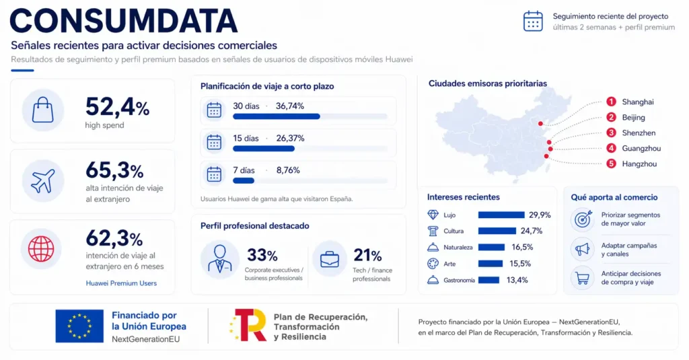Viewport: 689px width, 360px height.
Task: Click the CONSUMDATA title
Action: coord(123,20)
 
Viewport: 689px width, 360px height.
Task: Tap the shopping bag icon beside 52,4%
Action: coord(43,110)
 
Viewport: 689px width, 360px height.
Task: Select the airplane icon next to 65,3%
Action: coord(43,180)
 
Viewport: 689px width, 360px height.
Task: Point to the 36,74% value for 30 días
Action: coord(290,106)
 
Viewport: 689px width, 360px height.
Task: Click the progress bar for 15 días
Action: coord(264,149)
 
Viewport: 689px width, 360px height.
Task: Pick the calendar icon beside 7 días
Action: coord(214,174)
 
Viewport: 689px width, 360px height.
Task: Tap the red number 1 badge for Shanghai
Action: coord(611,102)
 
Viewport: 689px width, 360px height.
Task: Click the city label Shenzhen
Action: coord(639,133)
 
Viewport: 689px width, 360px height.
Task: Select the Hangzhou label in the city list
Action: coord(639,164)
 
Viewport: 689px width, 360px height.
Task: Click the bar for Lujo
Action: coord(501,215)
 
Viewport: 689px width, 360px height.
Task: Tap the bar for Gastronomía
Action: coord(488,280)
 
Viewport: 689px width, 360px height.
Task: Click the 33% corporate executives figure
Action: coord(262,255)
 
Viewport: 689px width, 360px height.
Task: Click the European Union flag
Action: coord(79,326)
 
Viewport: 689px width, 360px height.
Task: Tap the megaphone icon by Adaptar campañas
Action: coord(581,250)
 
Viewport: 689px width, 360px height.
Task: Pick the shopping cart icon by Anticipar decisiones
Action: coord(581,278)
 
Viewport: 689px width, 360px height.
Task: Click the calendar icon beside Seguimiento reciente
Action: coord(533,21)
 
